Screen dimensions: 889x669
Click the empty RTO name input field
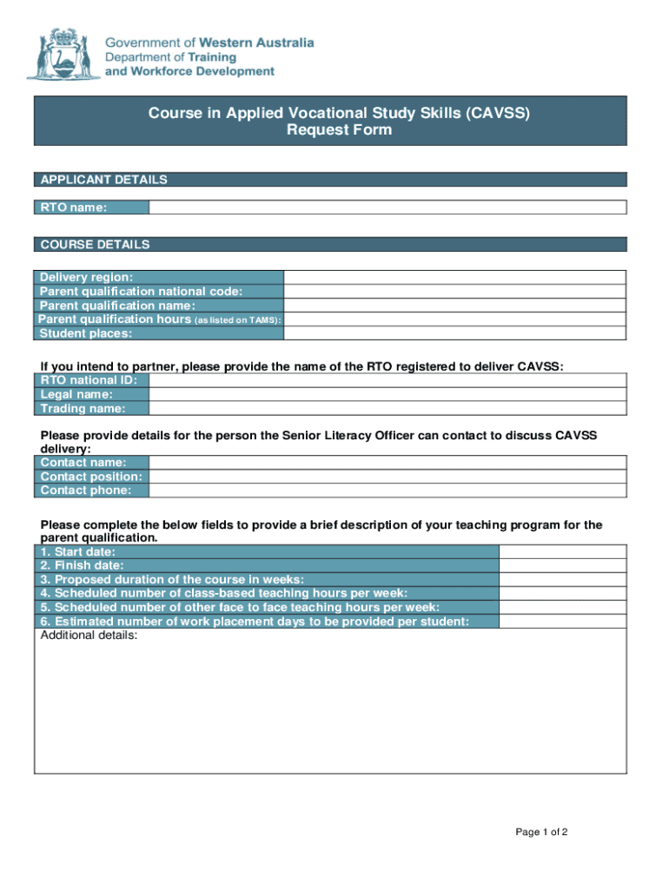(387, 207)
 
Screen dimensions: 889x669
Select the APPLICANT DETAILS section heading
(103, 180)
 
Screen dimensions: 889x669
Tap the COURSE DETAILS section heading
(95, 245)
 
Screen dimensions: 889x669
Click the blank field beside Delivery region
(454, 277)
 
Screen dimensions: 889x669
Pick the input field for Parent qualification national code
(454, 291)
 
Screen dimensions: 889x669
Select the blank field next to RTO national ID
(387, 380)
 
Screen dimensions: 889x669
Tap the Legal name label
(76, 394)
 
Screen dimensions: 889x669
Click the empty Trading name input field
(387, 408)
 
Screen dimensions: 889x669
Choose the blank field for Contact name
(387, 463)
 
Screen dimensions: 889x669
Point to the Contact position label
(91, 477)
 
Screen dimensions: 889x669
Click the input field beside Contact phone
(387, 491)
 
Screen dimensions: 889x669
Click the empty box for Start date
(562, 551)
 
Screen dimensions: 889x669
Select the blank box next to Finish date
(562, 565)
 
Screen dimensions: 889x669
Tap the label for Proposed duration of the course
(172, 579)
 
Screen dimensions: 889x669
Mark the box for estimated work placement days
(562, 621)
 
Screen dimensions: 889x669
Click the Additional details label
(89, 635)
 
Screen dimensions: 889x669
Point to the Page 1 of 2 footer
(541, 833)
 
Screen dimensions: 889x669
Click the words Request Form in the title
(339, 130)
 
